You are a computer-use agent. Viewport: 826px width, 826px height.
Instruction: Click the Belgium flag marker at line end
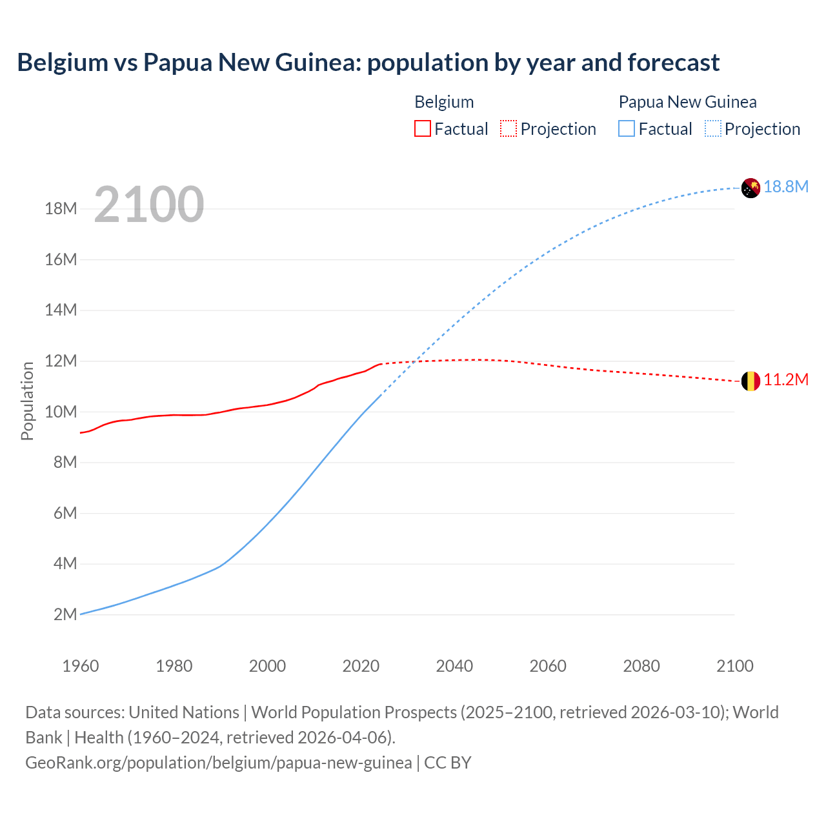[x=750, y=381]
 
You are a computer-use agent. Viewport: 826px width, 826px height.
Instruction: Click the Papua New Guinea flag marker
[x=750, y=188]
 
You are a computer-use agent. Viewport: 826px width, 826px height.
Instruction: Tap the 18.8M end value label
[x=786, y=187]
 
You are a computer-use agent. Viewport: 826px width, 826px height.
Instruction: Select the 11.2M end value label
[x=786, y=380]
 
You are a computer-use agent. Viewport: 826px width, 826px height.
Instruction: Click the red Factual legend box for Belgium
[x=422, y=129]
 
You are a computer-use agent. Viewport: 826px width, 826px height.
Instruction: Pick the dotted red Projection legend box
[x=509, y=129]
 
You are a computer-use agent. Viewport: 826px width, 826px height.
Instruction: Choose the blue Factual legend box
[x=626, y=129]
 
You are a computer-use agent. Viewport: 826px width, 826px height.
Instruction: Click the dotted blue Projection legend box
[x=712, y=129]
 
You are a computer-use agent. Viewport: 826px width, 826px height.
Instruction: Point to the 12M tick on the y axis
[x=61, y=361]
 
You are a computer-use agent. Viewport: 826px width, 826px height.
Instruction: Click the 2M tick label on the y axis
[x=65, y=614]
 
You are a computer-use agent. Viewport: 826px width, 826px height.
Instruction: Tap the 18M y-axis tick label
[x=61, y=208]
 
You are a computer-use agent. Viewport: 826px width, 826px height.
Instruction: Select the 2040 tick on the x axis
[x=454, y=666]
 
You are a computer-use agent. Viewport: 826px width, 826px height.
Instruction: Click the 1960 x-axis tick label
[x=81, y=666]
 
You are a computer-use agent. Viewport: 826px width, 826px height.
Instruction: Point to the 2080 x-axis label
[x=641, y=666]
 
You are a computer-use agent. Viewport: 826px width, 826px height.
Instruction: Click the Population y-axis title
[x=27, y=401]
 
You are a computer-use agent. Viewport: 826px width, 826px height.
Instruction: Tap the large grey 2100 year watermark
[x=149, y=205]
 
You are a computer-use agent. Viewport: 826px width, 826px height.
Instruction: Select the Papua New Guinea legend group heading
[x=687, y=102]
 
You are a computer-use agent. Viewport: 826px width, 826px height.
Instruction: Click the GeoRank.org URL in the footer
[x=218, y=763]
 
